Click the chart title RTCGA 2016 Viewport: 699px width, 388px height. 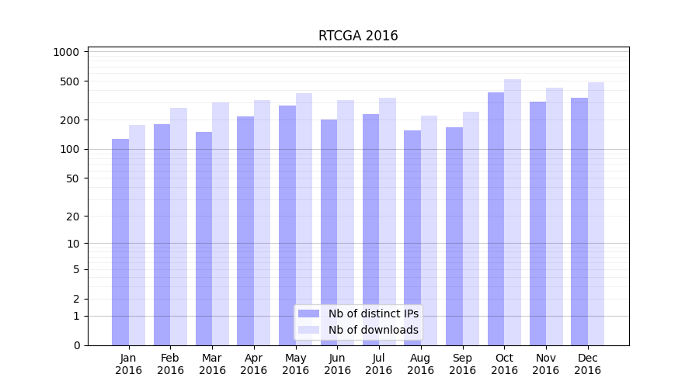pos(358,36)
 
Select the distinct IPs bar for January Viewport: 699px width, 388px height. pos(120,242)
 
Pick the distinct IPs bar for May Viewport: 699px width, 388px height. pos(287,225)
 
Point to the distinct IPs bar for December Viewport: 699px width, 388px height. pos(579,221)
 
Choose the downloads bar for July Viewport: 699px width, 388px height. pos(388,221)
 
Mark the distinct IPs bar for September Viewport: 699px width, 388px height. pos(454,236)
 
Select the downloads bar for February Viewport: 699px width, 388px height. pos(179,227)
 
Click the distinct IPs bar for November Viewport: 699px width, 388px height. pos(537,223)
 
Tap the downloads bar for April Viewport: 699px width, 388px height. pos(263,223)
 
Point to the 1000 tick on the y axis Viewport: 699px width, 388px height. pos(67,52)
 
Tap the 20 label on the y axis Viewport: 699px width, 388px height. pos(73,217)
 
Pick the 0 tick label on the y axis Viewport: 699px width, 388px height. pos(76,345)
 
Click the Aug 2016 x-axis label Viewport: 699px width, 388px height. pos(421,364)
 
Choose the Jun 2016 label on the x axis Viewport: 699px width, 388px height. pos(337,364)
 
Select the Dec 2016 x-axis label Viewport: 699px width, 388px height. pos(587,364)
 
